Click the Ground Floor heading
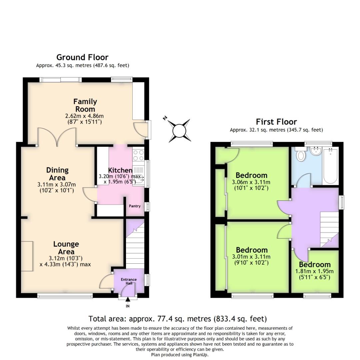pyautogui.click(x=82, y=57)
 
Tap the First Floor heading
pyautogui.click(x=276, y=122)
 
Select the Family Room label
pyautogui.click(x=85, y=105)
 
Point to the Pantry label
pyautogui.click(x=135, y=206)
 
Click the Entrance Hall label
pyautogui.click(x=129, y=281)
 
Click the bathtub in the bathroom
pyautogui.click(x=330, y=166)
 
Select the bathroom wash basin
pyautogui.click(x=315, y=152)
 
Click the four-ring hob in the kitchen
pyautogui.click(x=138, y=155)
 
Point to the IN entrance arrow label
pyautogui.click(x=128, y=306)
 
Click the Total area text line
pyautogui.click(x=177, y=319)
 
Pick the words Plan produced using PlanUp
pyautogui.click(x=180, y=355)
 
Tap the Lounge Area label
pyautogui.click(x=66, y=248)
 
